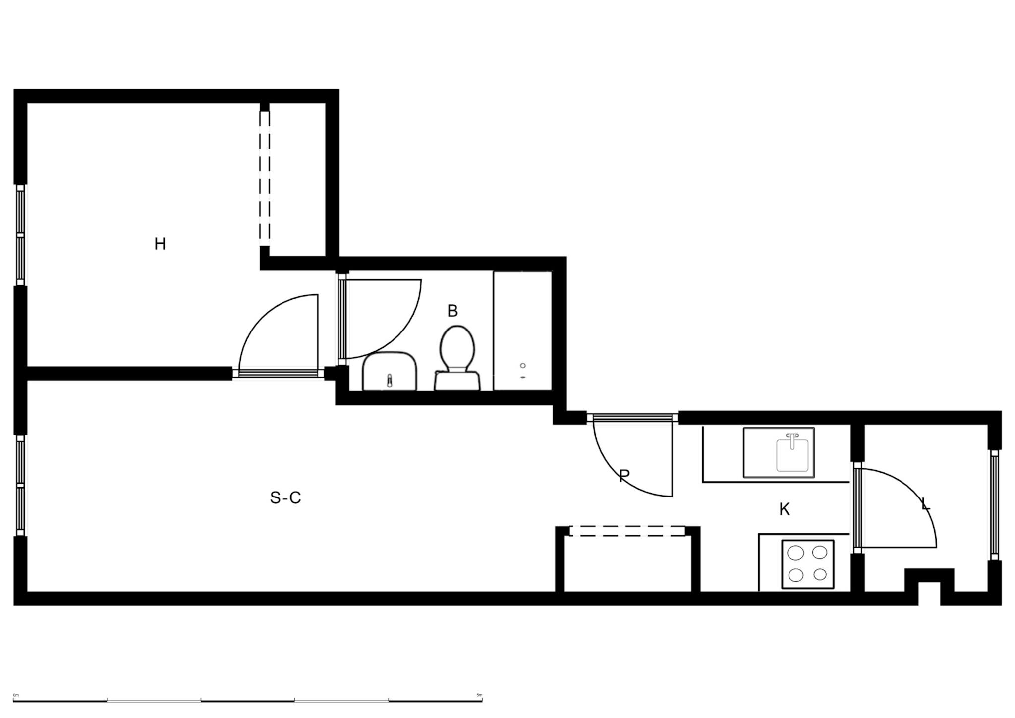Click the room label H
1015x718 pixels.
pos(160,244)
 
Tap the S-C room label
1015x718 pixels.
pos(285,497)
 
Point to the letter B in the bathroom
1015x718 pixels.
pos(452,311)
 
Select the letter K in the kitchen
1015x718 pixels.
pos(784,509)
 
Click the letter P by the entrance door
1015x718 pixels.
pos(624,476)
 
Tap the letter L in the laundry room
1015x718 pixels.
pos(925,505)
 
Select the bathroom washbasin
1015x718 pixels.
pos(389,371)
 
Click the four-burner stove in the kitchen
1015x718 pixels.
pos(808,564)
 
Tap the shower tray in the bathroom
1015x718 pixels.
pos(523,331)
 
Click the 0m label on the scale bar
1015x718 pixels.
pos(16,695)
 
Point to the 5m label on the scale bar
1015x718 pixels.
pos(479,695)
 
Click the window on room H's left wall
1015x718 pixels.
pos(20,235)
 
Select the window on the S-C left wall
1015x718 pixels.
pos(20,486)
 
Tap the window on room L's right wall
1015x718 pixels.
pos(994,505)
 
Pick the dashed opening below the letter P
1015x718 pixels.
pos(627,531)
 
